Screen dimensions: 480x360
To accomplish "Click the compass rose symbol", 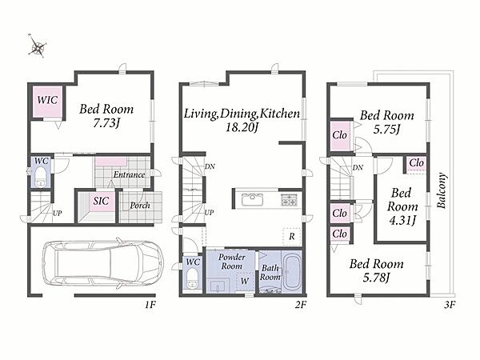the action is pyautogui.click(x=38, y=46).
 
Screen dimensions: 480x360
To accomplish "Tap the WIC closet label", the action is pyautogui.click(x=47, y=100).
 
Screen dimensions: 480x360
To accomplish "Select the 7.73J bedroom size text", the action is pyautogui.click(x=106, y=123).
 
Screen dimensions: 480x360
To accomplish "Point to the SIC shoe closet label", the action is pyautogui.click(x=101, y=201).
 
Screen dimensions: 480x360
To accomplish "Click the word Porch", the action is pyautogui.click(x=140, y=205).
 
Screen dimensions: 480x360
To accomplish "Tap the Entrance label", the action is pyautogui.click(x=129, y=174).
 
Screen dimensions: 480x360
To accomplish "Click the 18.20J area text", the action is pyautogui.click(x=242, y=127).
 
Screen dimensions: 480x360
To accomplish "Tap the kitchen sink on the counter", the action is pyautogui.click(x=252, y=200).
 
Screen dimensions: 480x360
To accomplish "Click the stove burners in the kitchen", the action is pyautogui.click(x=288, y=199).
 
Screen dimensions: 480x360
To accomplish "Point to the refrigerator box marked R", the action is pyautogui.click(x=292, y=236).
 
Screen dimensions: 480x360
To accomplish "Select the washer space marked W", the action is pyautogui.click(x=244, y=281).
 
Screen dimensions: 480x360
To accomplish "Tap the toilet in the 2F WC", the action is pyautogui.click(x=192, y=278).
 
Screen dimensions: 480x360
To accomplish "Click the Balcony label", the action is pyautogui.click(x=441, y=190).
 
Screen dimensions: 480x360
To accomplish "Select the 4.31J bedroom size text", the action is pyautogui.click(x=402, y=220).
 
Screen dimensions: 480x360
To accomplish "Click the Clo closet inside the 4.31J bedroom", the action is pyautogui.click(x=416, y=165).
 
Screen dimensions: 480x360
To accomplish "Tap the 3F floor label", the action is pyautogui.click(x=450, y=305).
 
